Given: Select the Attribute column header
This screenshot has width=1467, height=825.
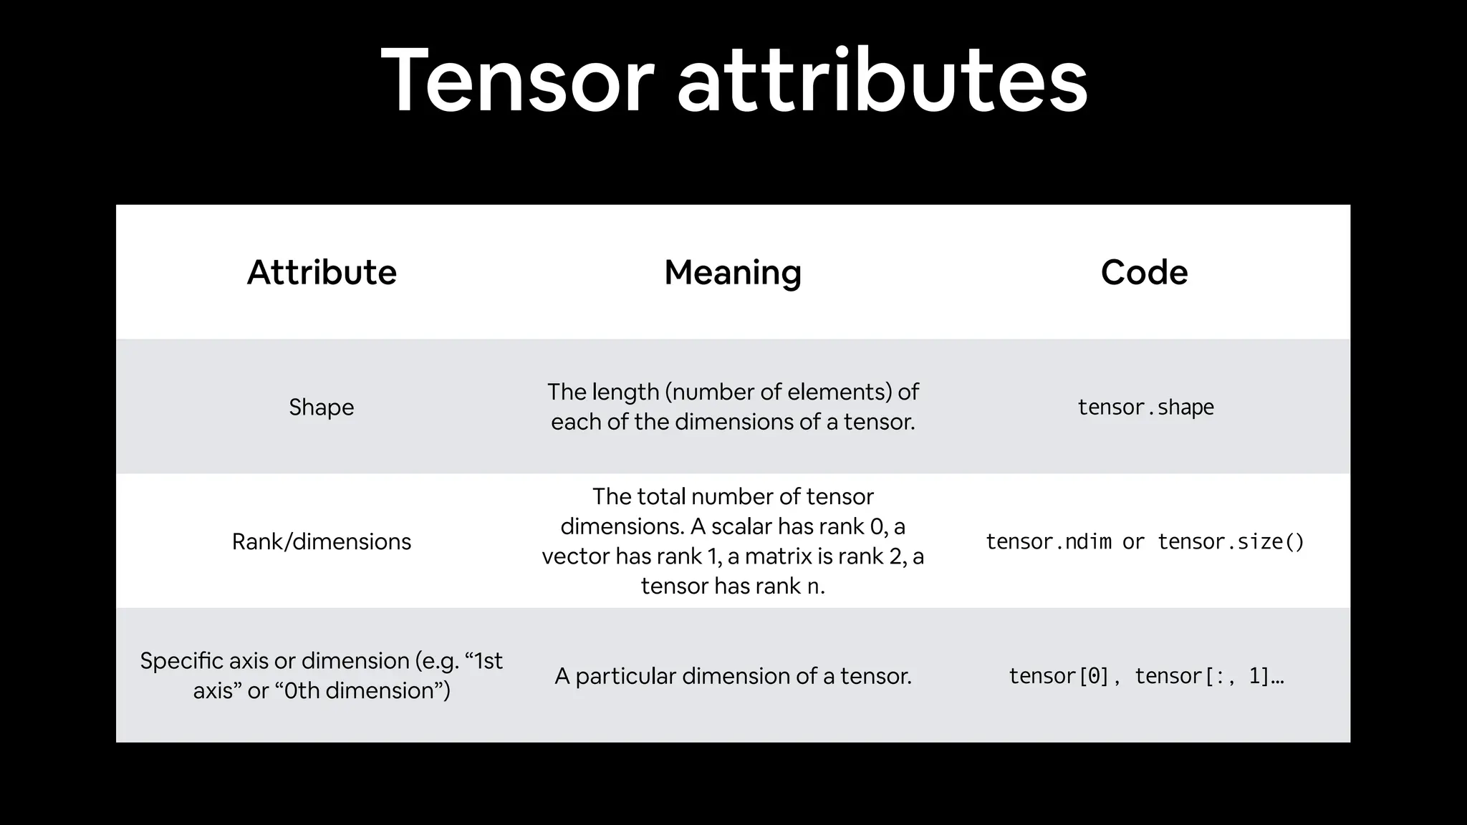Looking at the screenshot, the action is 322,272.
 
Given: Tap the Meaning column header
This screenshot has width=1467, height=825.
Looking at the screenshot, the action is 733,272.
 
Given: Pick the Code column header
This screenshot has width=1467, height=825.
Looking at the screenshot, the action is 1144,272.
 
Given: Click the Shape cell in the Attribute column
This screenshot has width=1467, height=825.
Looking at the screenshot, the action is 322,407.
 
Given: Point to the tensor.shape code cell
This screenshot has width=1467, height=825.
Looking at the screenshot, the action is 1145,407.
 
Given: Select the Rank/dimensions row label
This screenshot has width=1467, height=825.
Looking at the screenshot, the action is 322,541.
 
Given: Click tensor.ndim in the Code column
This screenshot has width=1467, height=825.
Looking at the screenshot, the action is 1048,541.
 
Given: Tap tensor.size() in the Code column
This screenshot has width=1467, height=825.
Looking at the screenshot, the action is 1231,541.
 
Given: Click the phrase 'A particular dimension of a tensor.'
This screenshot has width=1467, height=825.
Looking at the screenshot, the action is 733,676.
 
